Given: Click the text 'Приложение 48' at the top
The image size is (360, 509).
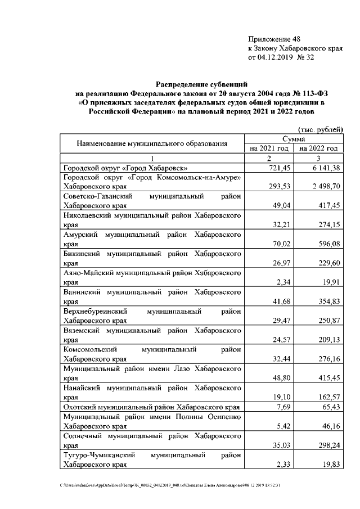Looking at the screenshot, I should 274,39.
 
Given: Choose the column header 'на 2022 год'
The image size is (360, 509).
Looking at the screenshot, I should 318,148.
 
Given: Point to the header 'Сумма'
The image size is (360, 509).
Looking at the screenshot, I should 294,138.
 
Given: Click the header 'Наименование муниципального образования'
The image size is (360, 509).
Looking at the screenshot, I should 152,143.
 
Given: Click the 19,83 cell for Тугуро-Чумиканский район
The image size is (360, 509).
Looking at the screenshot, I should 330,464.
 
